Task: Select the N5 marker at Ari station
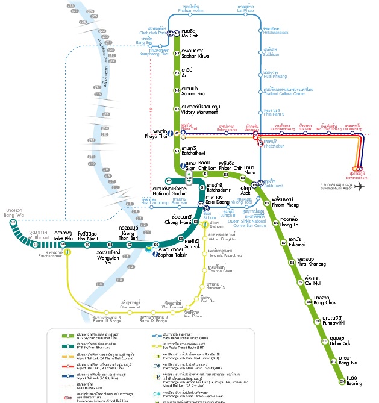(177, 72)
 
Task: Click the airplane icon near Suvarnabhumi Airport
(360, 187)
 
